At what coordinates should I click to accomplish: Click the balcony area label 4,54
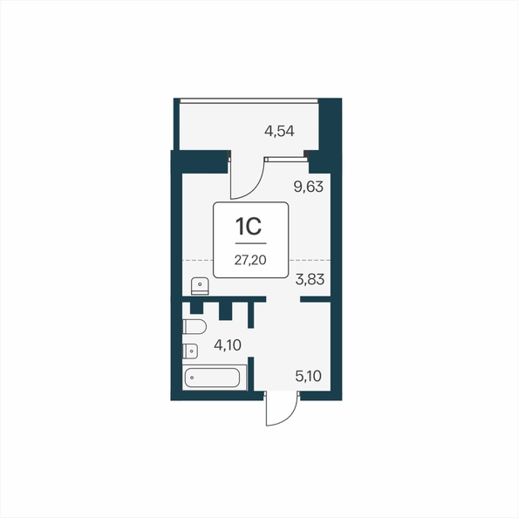[279, 132]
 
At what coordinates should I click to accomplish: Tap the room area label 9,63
[309, 187]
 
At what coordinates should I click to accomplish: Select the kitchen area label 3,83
[310, 279]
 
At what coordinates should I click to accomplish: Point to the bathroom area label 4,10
[228, 345]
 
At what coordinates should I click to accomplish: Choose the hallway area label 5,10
[308, 376]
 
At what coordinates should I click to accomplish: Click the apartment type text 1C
[249, 227]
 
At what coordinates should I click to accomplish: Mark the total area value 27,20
[250, 261]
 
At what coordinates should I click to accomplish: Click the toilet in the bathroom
[194, 327]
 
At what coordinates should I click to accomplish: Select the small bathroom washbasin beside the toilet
[190, 351]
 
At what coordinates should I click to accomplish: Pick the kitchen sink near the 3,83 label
[200, 286]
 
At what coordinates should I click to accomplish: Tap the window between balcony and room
[286, 160]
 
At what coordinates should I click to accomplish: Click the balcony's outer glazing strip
[249, 101]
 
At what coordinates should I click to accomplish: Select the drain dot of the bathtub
[192, 378]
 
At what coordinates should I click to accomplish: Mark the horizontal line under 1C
[251, 243]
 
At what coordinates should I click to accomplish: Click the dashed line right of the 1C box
[310, 261]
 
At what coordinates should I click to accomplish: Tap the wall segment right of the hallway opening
[316, 299]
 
